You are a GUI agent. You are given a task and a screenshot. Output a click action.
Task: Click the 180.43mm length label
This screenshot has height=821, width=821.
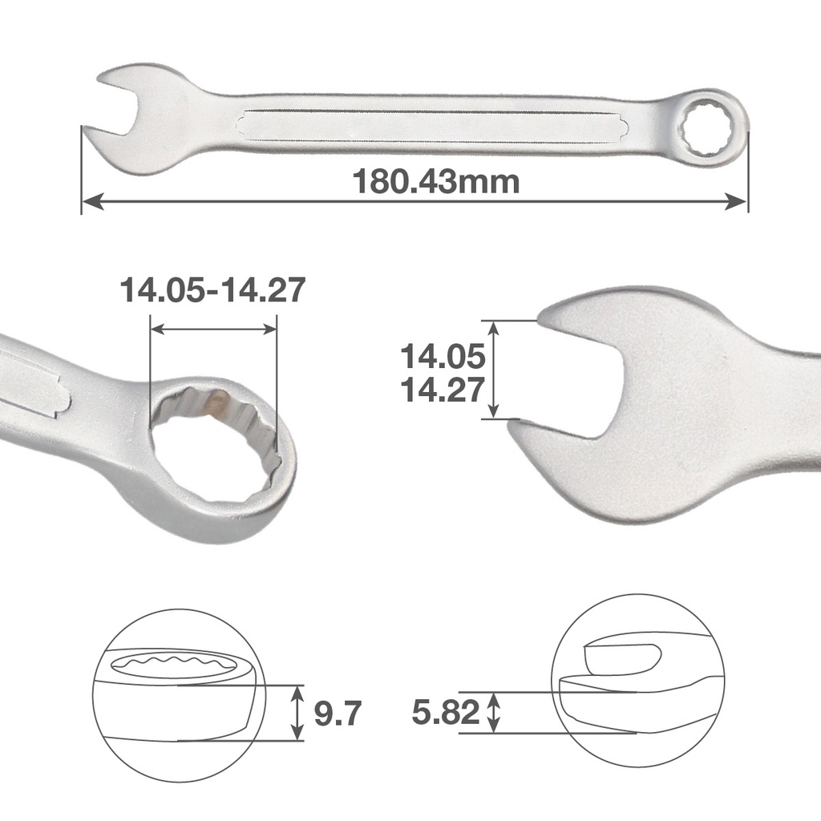[x=436, y=182]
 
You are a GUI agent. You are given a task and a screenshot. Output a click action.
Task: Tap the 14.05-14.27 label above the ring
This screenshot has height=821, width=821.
[x=212, y=290]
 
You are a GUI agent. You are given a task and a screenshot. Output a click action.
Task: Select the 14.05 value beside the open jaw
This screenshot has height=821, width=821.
[x=443, y=354]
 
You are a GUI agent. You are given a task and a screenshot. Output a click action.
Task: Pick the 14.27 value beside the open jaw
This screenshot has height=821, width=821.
[x=443, y=390]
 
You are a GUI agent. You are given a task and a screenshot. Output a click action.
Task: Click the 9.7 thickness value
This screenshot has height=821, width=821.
[x=338, y=712]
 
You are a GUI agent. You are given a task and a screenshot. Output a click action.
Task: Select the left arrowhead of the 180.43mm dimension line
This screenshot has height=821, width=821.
[x=91, y=201]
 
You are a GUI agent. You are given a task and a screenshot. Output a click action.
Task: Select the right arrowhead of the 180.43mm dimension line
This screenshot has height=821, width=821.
[x=738, y=201]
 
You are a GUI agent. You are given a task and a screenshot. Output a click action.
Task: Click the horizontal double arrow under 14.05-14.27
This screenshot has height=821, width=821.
[x=213, y=329]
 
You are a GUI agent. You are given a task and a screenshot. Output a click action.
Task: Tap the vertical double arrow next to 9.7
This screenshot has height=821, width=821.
[x=297, y=712]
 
